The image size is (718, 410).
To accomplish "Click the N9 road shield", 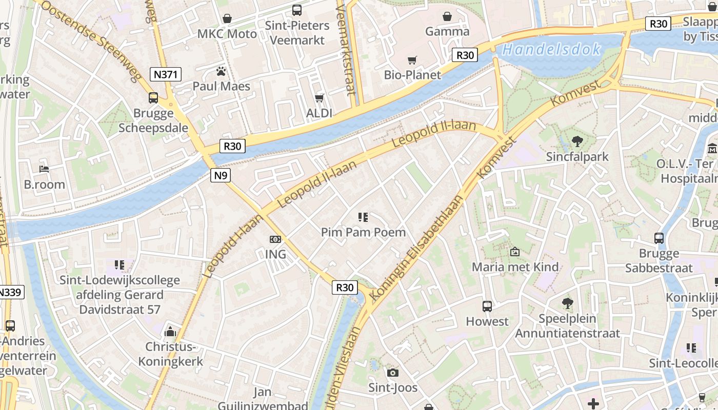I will click(x=220, y=176).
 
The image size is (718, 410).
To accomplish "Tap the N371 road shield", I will click(x=166, y=74).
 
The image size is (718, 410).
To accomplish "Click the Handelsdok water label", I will click(x=551, y=50).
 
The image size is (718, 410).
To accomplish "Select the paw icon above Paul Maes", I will click(x=221, y=71).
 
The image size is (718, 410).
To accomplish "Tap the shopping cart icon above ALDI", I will click(x=320, y=98).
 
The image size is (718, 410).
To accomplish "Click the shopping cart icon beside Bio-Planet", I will click(x=412, y=60).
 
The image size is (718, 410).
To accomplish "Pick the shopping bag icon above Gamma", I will click(x=447, y=16).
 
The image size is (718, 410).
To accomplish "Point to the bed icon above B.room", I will click(x=44, y=169).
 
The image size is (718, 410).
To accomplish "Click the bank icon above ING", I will click(x=275, y=239).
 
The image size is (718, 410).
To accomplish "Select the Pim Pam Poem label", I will click(x=363, y=232).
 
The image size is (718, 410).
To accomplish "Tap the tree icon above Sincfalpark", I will click(x=577, y=141).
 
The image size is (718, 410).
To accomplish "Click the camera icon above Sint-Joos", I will click(x=393, y=373).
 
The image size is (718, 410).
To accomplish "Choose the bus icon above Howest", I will click(x=487, y=306).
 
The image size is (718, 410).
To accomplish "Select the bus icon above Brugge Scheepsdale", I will click(x=153, y=98).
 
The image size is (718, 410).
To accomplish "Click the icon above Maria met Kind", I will click(x=515, y=252).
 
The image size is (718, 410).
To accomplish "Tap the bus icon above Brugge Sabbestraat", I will click(x=659, y=238).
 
